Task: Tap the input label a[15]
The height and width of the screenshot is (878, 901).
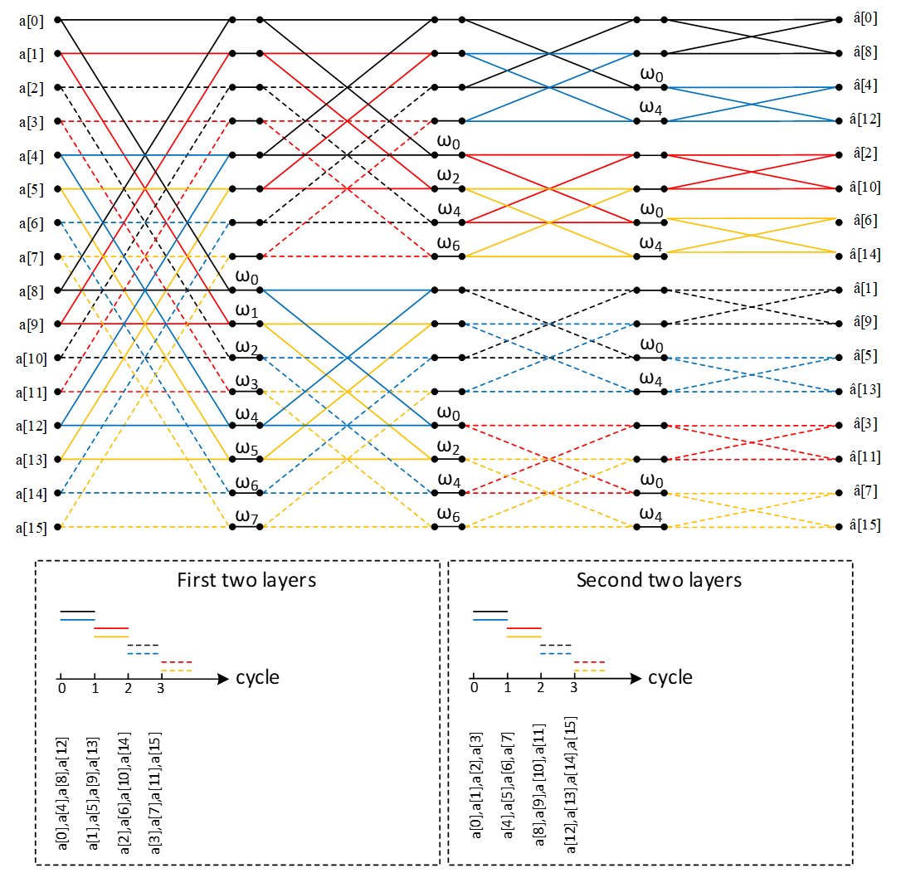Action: pyautogui.click(x=27, y=527)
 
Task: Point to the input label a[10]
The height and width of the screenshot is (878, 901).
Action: pyautogui.click(x=27, y=358)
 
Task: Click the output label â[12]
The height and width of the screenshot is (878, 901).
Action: pyautogui.click(x=867, y=120)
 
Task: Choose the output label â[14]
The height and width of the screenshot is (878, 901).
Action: pyautogui.click(x=867, y=256)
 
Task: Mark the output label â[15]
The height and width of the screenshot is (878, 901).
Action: pyautogui.click(x=867, y=526)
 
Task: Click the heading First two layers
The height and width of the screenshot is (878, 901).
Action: pyautogui.click(x=246, y=580)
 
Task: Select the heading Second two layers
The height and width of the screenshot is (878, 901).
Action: pyautogui.click(x=659, y=580)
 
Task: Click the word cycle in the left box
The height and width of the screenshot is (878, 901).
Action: pyautogui.click(x=257, y=678)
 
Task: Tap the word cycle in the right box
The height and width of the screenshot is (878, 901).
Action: pyautogui.click(x=670, y=678)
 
